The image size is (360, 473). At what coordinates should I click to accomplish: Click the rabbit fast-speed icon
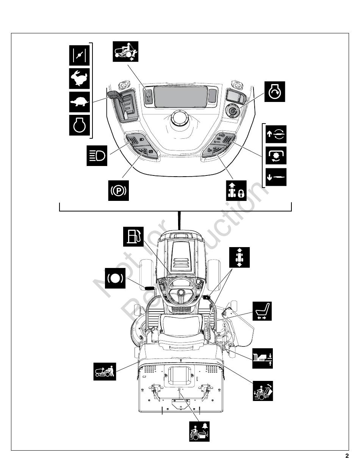pyautogui.click(x=80, y=78)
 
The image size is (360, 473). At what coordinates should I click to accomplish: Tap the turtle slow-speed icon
pyautogui.click(x=80, y=102)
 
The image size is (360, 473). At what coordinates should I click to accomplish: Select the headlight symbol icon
pyautogui.click(x=97, y=155)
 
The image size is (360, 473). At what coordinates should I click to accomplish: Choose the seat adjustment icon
pyautogui.click(x=262, y=312)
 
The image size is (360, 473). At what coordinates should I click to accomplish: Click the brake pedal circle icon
pyautogui.click(x=115, y=278)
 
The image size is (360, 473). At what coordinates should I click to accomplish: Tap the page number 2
pyautogui.click(x=347, y=456)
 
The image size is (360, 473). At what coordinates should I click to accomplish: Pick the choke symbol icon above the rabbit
pyautogui.click(x=80, y=55)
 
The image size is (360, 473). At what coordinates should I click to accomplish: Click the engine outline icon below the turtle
pyautogui.click(x=80, y=125)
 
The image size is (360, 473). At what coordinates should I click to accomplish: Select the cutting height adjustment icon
pyautogui.click(x=263, y=358)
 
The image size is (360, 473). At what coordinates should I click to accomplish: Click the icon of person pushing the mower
pyautogui.click(x=105, y=371)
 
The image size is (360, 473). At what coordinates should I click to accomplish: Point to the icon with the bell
pyautogui.click(x=199, y=431)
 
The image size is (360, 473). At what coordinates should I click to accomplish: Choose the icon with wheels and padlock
pyautogui.click(x=235, y=190)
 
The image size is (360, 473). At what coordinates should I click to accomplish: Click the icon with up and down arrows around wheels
pyautogui.click(x=239, y=257)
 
